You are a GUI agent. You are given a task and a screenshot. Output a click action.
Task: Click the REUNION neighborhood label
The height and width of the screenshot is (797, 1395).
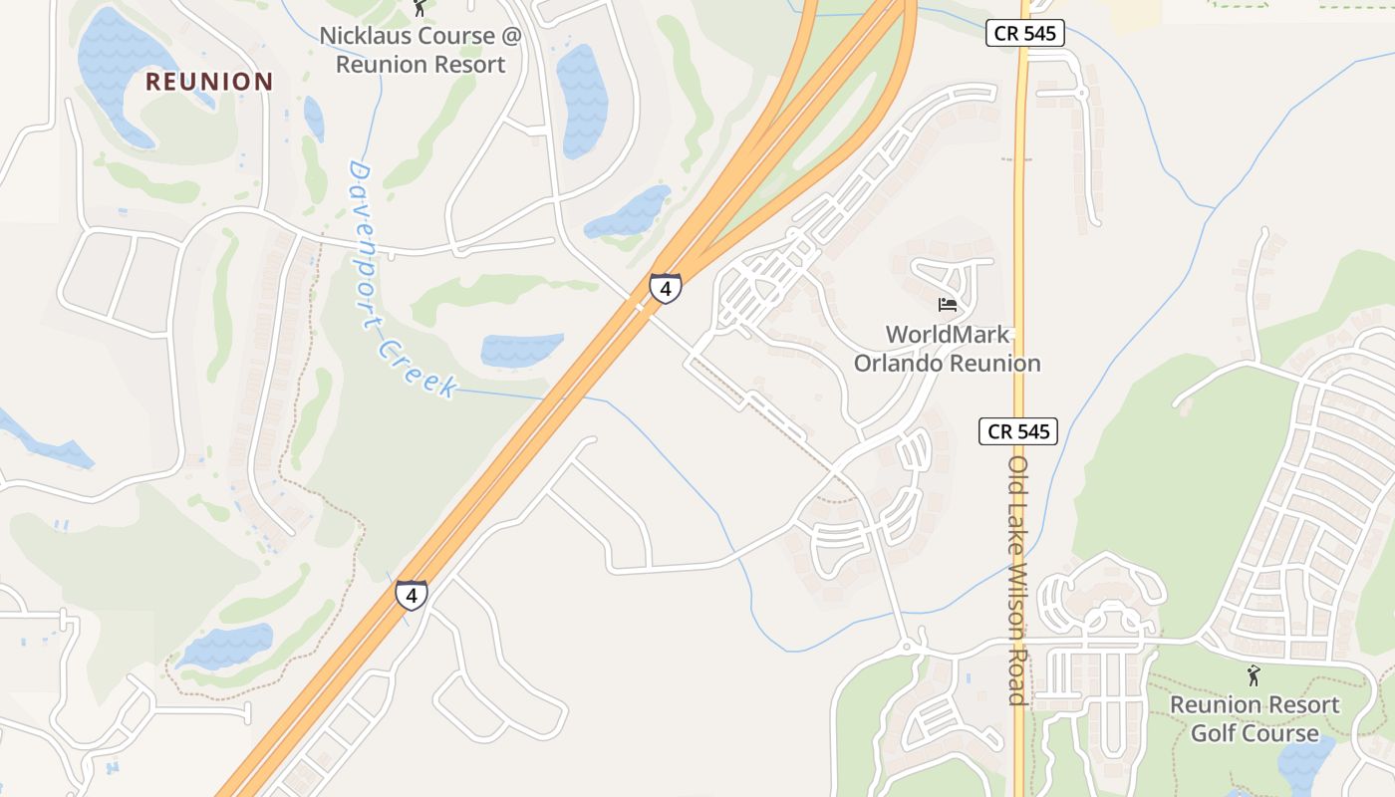[209, 82]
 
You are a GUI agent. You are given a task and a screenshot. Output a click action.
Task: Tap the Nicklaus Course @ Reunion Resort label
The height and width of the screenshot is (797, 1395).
[420, 50]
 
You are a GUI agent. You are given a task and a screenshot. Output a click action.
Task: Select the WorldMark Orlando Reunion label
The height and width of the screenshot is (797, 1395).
[947, 349]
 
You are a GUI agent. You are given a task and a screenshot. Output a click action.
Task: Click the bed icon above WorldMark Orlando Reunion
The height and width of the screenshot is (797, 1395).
[947, 304]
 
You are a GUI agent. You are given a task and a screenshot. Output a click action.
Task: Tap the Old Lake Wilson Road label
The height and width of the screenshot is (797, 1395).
[1017, 580]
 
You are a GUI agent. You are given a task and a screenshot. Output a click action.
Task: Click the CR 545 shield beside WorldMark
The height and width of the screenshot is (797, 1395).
[1017, 431]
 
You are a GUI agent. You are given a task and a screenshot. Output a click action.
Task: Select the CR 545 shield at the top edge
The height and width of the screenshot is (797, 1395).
[1025, 33]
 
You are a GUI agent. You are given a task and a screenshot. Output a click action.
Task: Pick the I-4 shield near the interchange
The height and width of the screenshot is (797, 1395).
[665, 288]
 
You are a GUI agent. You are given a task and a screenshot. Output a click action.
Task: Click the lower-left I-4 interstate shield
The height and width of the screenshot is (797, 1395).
[411, 595]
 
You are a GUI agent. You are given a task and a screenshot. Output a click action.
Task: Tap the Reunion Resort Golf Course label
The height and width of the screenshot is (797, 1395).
[1255, 719]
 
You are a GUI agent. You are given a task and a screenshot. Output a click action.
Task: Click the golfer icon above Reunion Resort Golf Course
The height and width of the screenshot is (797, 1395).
[1254, 675]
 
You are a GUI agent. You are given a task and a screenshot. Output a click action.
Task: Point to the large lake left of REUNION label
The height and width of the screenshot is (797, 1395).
[120, 70]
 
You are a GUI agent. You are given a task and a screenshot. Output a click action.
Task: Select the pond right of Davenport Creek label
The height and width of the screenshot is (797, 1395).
[521, 350]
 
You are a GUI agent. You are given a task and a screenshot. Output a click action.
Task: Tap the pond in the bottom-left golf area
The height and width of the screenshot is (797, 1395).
[227, 646]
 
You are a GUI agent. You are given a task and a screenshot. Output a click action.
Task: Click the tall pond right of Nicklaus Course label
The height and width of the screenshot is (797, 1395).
[582, 100]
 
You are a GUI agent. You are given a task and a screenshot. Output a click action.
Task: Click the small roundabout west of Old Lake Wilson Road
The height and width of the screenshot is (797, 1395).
[908, 648]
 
